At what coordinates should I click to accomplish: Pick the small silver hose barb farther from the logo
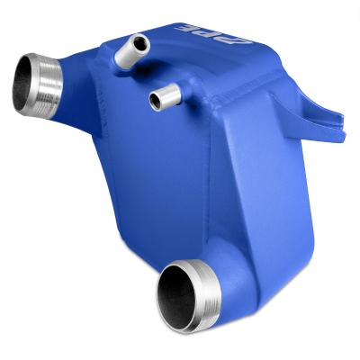[161, 96]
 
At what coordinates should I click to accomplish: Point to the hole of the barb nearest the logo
[139, 40]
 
